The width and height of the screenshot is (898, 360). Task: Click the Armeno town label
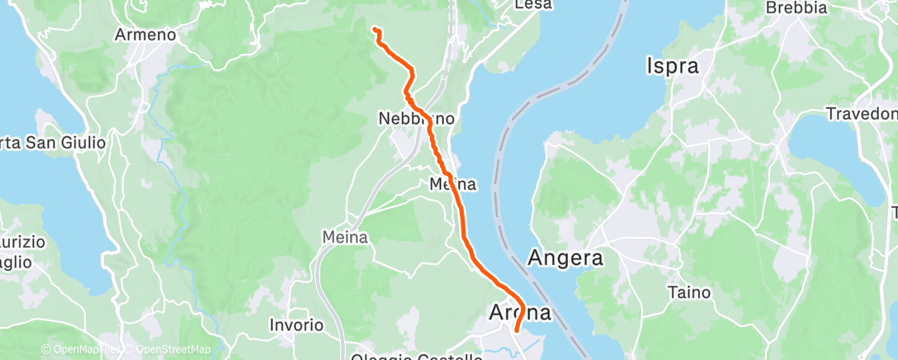[145, 36]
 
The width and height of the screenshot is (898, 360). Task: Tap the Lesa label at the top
[532, 5]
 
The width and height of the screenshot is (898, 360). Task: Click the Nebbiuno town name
[416, 120]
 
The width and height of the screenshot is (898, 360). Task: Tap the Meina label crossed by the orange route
[452, 184]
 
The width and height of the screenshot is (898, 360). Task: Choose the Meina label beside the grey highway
[344, 237]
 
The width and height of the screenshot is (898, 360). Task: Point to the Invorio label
[296, 325]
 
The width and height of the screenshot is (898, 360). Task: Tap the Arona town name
[522, 313]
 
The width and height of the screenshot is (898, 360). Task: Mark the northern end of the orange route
[375, 30]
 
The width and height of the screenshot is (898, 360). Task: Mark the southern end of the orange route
[517, 331]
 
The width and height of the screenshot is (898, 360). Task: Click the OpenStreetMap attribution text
[163, 350]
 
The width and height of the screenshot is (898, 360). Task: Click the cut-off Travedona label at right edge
[863, 113]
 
